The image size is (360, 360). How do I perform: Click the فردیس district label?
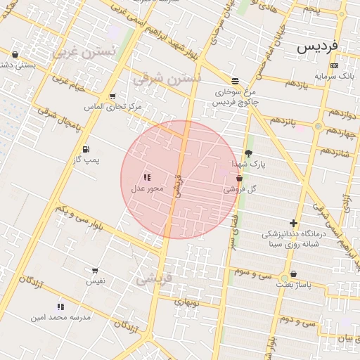(x=317, y=46)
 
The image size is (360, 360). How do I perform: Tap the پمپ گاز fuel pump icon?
(x=86, y=149)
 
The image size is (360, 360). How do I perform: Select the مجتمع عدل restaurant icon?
(x=147, y=178)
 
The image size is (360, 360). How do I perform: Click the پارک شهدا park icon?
(x=248, y=153)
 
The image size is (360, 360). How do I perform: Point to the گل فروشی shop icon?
(x=240, y=179)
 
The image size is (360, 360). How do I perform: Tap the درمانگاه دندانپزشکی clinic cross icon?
(x=293, y=223)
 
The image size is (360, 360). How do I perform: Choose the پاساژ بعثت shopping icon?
(x=293, y=274)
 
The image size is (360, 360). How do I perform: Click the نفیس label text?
(x=96, y=281)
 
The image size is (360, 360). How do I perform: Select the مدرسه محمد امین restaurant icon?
(x=60, y=307)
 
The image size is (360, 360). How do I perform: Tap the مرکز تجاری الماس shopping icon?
(x=112, y=97)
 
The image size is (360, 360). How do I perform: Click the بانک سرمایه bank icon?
(x=333, y=65)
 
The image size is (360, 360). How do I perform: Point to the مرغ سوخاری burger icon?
(x=234, y=81)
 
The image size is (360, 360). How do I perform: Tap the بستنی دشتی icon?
(x=15, y=54)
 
